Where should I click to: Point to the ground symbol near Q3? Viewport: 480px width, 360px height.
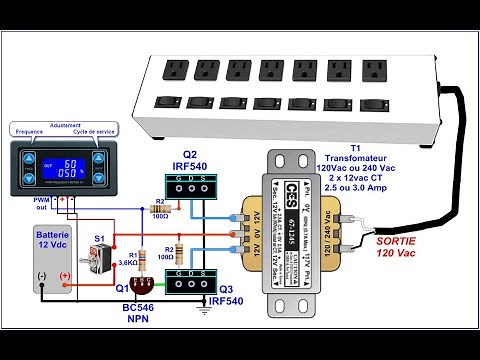coord(204,310)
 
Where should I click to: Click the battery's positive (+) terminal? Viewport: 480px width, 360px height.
coord(66,275)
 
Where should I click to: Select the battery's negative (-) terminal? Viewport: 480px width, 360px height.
coord(41,275)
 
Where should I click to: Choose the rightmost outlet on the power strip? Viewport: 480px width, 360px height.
coord(375,67)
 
